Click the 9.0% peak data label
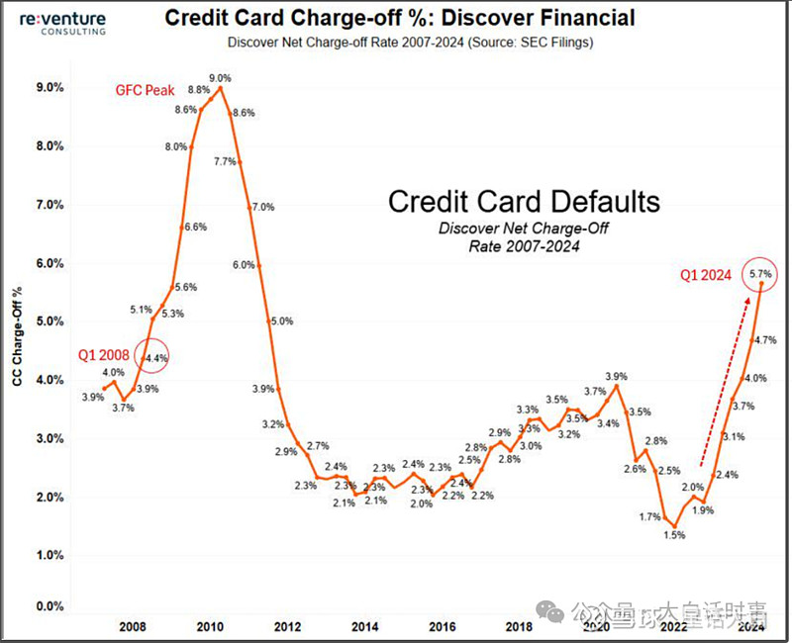(x=221, y=78)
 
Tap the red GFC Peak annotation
(x=146, y=90)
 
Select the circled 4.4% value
(x=154, y=357)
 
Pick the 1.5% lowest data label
(x=674, y=535)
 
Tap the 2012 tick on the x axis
(x=286, y=626)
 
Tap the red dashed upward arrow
(x=724, y=380)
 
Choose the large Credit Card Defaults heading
(x=524, y=202)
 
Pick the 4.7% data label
(x=764, y=339)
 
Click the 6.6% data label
(x=196, y=227)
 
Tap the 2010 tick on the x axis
(x=209, y=626)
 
